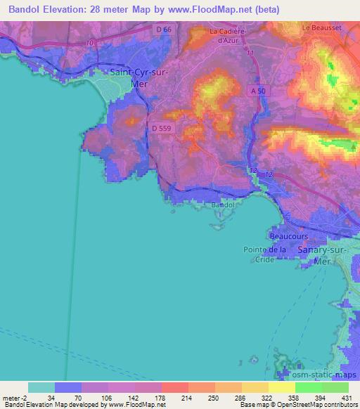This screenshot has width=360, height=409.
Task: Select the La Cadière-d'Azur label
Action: click(x=230, y=35)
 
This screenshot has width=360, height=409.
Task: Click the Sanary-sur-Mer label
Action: click(x=323, y=254)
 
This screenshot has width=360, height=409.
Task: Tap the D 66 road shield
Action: click(x=162, y=29)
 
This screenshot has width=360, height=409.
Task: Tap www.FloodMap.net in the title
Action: click(x=219, y=9)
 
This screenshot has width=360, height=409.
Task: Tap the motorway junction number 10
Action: click(x=89, y=43)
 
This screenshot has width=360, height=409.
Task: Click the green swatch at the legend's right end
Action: click(x=335, y=387)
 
